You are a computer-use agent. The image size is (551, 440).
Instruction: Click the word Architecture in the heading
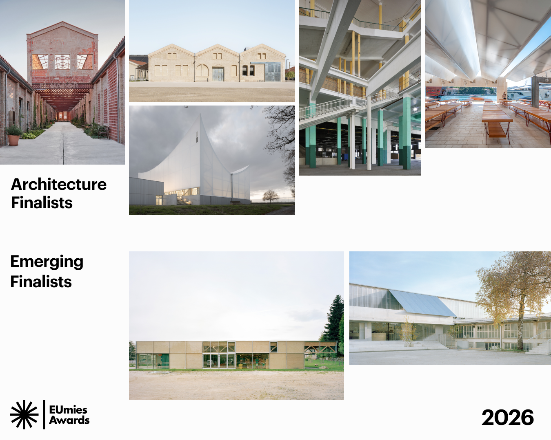[59, 185]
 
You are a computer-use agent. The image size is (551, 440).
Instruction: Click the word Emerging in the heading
[47, 262]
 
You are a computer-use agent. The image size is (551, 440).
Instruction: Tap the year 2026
[507, 418]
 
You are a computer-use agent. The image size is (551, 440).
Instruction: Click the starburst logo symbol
[24, 415]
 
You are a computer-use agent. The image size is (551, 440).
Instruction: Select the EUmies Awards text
[69, 415]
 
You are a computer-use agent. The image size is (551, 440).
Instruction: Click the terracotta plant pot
[13, 140]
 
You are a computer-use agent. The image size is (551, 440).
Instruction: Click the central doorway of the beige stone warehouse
[218, 75]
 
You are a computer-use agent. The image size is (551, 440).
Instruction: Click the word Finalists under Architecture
[42, 203]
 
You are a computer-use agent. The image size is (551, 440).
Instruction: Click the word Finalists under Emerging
[41, 282]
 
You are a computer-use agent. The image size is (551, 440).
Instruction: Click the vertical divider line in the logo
[44, 415]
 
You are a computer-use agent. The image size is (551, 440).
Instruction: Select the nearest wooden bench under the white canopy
[496, 122]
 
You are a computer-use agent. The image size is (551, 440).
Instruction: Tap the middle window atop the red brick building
[62, 62]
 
